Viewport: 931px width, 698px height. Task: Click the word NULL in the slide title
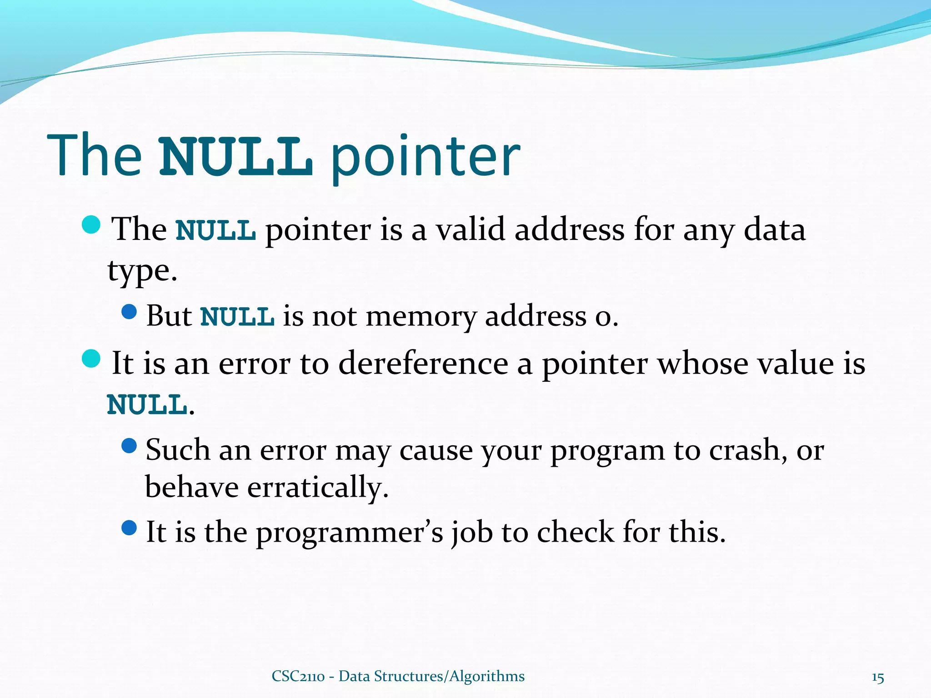coord(236,157)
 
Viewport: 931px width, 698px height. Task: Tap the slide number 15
coord(877,678)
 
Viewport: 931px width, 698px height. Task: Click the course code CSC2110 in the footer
coord(298,676)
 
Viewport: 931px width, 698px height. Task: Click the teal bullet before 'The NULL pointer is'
coord(91,224)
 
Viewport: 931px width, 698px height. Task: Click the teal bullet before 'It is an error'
coord(91,359)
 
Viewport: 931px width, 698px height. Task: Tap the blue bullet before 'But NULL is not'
coord(130,312)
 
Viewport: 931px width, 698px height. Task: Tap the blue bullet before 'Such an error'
coord(130,446)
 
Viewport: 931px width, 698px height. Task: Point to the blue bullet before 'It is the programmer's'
coord(130,528)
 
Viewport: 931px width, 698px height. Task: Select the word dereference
coord(423,364)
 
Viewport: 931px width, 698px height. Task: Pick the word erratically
coord(318,488)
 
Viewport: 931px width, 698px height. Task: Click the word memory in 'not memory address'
coord(421,316)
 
